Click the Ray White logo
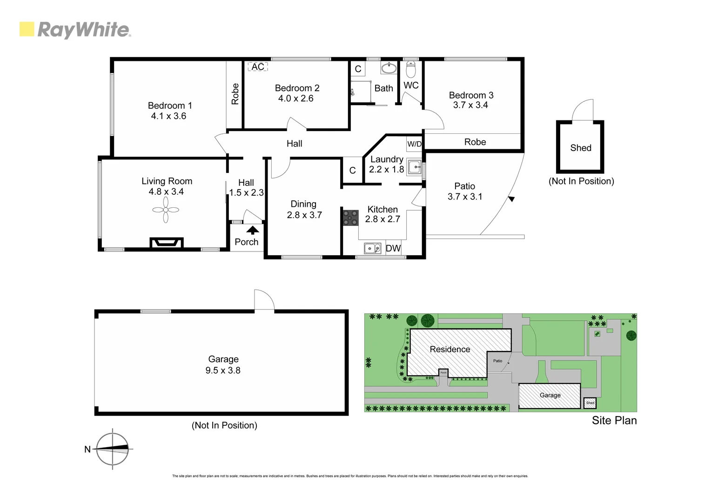coord(75,30)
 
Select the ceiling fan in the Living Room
coord(166,211)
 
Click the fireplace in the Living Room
coord(166,243)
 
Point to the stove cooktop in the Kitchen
coord(350,218)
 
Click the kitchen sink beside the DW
coord(372,249)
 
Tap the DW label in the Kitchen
coord(393,248)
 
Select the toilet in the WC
coord(410,70)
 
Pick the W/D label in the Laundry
coord(414,144)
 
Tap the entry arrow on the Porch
coord(253,230)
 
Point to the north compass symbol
coord(112,449)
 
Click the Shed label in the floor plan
coord(581,148)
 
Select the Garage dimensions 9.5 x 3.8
coord(223,370)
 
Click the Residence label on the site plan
coord(449,349)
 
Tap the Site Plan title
coord(614,420)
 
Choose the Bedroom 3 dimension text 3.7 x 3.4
coord(470,105)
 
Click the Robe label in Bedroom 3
coord(475,142)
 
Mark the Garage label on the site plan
coord(550,395)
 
